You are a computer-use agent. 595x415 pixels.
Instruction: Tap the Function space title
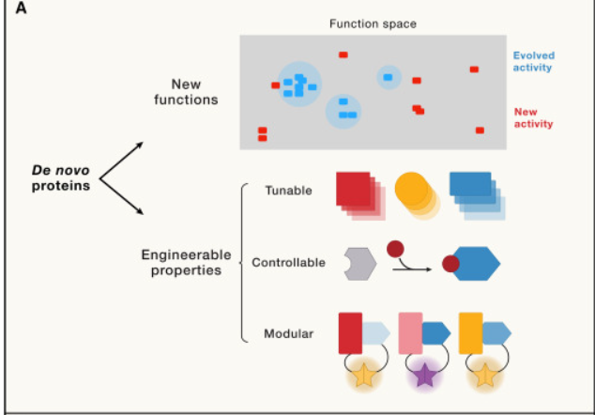(x=372, y=23)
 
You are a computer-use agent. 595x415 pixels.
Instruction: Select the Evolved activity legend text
(x=532, y=61)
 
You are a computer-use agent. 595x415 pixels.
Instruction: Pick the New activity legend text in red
(x=533, y=117)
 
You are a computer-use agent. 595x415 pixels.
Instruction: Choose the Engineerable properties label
(x=181, y=262)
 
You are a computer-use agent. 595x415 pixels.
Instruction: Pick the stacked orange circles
(x=417, y=192)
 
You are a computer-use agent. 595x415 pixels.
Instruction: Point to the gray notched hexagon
(x=360, y=263)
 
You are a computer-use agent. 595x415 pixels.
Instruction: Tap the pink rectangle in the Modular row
(x=412, y=332)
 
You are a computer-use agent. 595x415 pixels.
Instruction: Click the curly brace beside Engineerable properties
(x=243, y=262)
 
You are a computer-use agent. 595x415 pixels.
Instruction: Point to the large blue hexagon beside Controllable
(x=475, y=264)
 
